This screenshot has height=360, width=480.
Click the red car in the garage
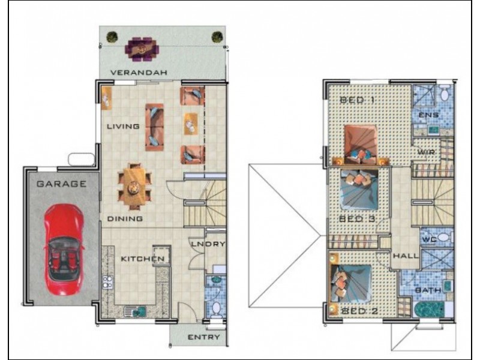64,250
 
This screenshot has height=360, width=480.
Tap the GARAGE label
62,184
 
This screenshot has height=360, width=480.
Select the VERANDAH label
139,73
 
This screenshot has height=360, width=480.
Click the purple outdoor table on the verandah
142,49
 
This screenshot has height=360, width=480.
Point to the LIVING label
123,126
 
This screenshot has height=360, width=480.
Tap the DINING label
125,218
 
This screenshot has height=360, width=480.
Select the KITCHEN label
143,259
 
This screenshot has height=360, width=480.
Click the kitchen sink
136,311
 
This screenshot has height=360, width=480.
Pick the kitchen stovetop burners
107,282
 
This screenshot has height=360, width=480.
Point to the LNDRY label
208,244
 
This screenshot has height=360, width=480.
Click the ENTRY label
203,337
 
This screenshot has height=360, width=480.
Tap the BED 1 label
357,100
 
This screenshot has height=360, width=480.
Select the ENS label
428,115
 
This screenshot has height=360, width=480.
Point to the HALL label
406,256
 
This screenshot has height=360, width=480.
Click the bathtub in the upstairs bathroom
429,310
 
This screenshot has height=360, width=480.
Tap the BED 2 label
359,311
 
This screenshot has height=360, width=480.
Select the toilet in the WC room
443,237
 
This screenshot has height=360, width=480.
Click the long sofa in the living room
154,127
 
